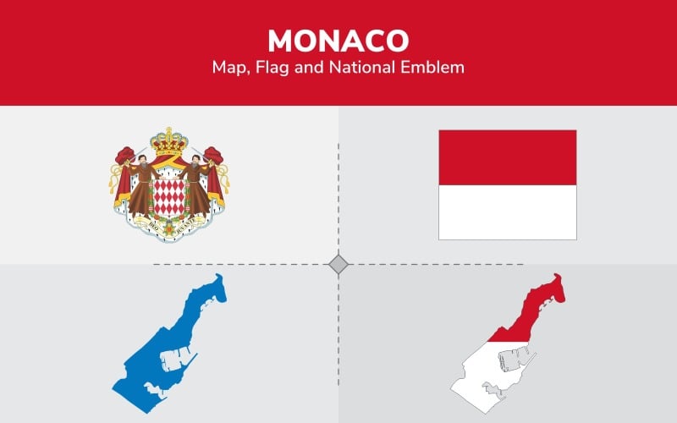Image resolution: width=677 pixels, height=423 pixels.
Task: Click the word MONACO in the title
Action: [x=338, y=40]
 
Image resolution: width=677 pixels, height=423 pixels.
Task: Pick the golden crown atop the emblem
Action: [x=168, y=141]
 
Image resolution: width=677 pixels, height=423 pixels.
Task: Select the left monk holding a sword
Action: [x=140, y=186]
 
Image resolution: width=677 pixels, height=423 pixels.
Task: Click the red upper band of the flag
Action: [x=507, y=157]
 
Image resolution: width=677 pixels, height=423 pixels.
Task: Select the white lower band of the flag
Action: [x=507, y=211]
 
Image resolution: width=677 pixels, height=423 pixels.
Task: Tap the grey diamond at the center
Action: [x=338, y=265]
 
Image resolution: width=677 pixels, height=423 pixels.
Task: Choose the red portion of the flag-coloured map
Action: [x=533, y=309]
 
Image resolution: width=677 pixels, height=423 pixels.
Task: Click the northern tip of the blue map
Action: [x=218, y=278]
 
